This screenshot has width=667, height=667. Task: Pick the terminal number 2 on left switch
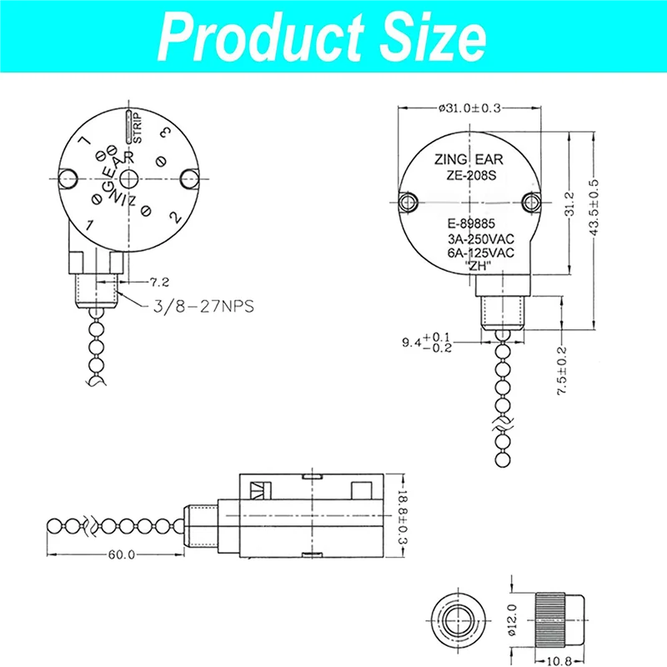click(176, 216)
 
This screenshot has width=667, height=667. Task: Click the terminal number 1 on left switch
click(88, 225)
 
